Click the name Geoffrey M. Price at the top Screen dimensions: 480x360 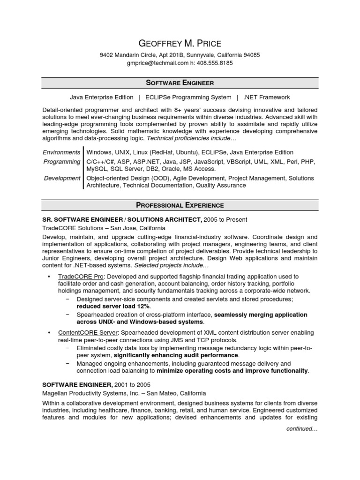[180, 44]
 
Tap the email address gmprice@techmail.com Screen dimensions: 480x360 [157, 63]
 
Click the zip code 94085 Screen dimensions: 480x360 [251, 55]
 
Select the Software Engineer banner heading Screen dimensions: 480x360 [180, 83]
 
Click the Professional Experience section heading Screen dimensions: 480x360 [180, 205]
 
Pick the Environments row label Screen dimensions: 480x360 [61, 152]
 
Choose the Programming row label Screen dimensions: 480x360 [62, 162]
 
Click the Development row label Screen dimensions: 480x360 [62, 178]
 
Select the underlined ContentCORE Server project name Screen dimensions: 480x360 [88, 333]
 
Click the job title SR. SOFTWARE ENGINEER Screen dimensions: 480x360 [82, 219]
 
